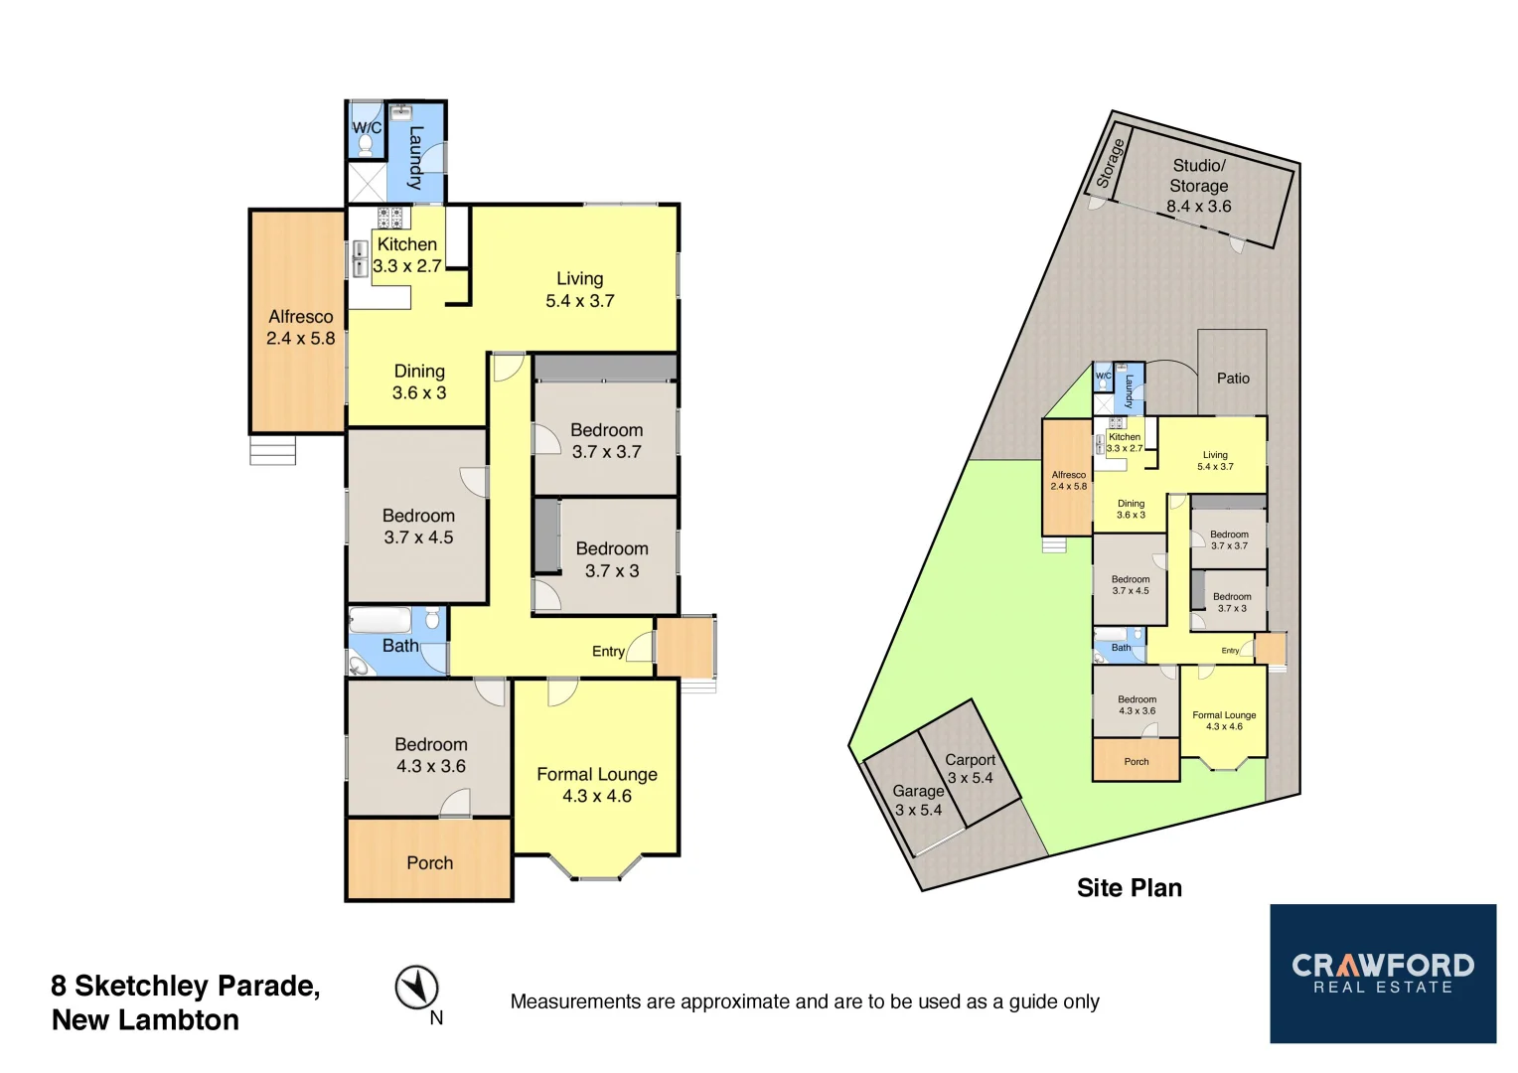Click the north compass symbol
coord(417,988)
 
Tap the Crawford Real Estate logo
coord(1383,974)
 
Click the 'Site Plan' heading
coord(1129,888)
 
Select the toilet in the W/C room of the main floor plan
coord(365,145)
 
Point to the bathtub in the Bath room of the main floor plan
coord(379,621)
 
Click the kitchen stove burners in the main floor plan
coord(389,219)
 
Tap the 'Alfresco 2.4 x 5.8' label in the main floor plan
coord(300,327)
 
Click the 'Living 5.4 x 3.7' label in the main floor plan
coord(580,289)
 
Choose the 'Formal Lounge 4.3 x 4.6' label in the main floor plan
coord(597,785)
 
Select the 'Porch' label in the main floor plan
coord(429,863)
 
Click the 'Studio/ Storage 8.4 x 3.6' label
coord(1198,186)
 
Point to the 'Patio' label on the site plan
coord(1233,378)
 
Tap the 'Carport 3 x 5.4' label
coord(970,769)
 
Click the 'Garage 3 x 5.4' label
coord(918,801)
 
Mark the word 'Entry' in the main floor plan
coord(608,652)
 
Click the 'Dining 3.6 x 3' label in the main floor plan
coord(419,382)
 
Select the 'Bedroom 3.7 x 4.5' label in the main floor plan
coord(418,527)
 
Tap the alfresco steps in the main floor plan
coord(272,451)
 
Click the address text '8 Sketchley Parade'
coord(186,986)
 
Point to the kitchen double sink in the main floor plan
coord(361,259)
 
